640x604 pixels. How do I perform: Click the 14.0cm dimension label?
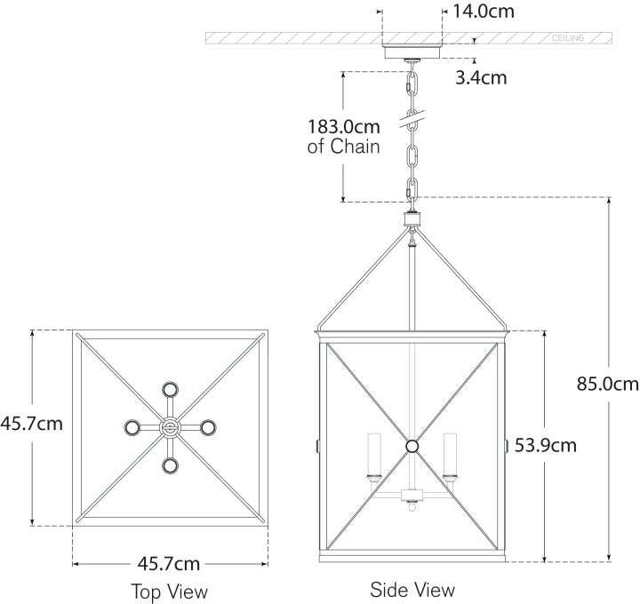click(484, 12)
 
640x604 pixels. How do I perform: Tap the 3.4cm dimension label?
click(481, 77)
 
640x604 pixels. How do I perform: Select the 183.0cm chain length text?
click(343, 127)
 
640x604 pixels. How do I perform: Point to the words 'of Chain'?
click(344, 147)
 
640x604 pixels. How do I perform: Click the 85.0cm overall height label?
click(608, 385)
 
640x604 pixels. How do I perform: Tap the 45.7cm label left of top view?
click(32, 424)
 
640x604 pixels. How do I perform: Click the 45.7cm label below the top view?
click(169, 563)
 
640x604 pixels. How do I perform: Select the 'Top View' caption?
click(169, 591)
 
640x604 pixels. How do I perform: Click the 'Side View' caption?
click(412, 589)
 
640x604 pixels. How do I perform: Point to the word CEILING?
click(568, 39)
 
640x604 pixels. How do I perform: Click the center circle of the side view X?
click(412, 446)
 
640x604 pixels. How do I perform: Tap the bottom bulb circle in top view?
click(169, 465)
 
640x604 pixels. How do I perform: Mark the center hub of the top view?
click(169, 427)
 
